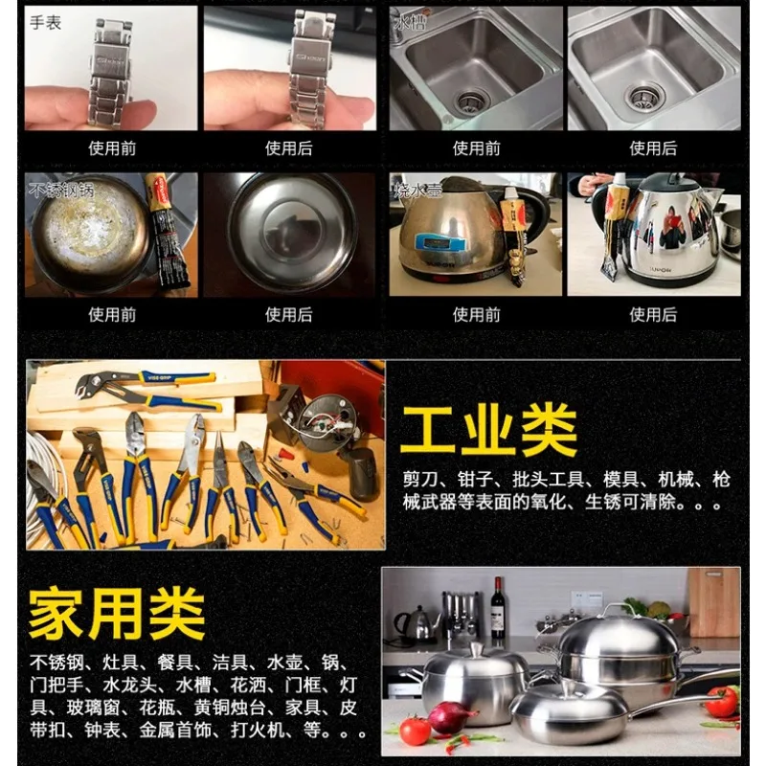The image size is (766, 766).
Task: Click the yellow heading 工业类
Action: pos(488,430)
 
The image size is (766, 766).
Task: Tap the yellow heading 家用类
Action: pos(116,613)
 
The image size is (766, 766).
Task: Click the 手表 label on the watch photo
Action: pos(46,22)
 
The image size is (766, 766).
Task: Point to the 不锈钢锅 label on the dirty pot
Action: pos(63,188)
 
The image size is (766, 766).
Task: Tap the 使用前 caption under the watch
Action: pos(112,148)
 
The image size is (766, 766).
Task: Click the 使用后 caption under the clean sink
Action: pos(653,148)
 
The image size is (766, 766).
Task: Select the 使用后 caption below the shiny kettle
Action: pos(653,314)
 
